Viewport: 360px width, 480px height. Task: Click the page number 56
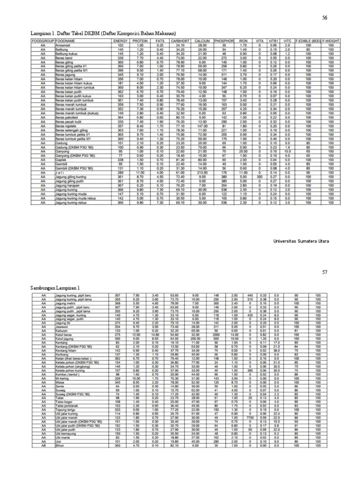324,18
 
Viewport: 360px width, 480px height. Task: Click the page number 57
324,272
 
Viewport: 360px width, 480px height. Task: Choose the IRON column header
244,41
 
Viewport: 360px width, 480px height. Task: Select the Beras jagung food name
65,74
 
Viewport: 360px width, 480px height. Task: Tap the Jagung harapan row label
67,185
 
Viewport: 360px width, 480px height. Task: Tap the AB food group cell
44,445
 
